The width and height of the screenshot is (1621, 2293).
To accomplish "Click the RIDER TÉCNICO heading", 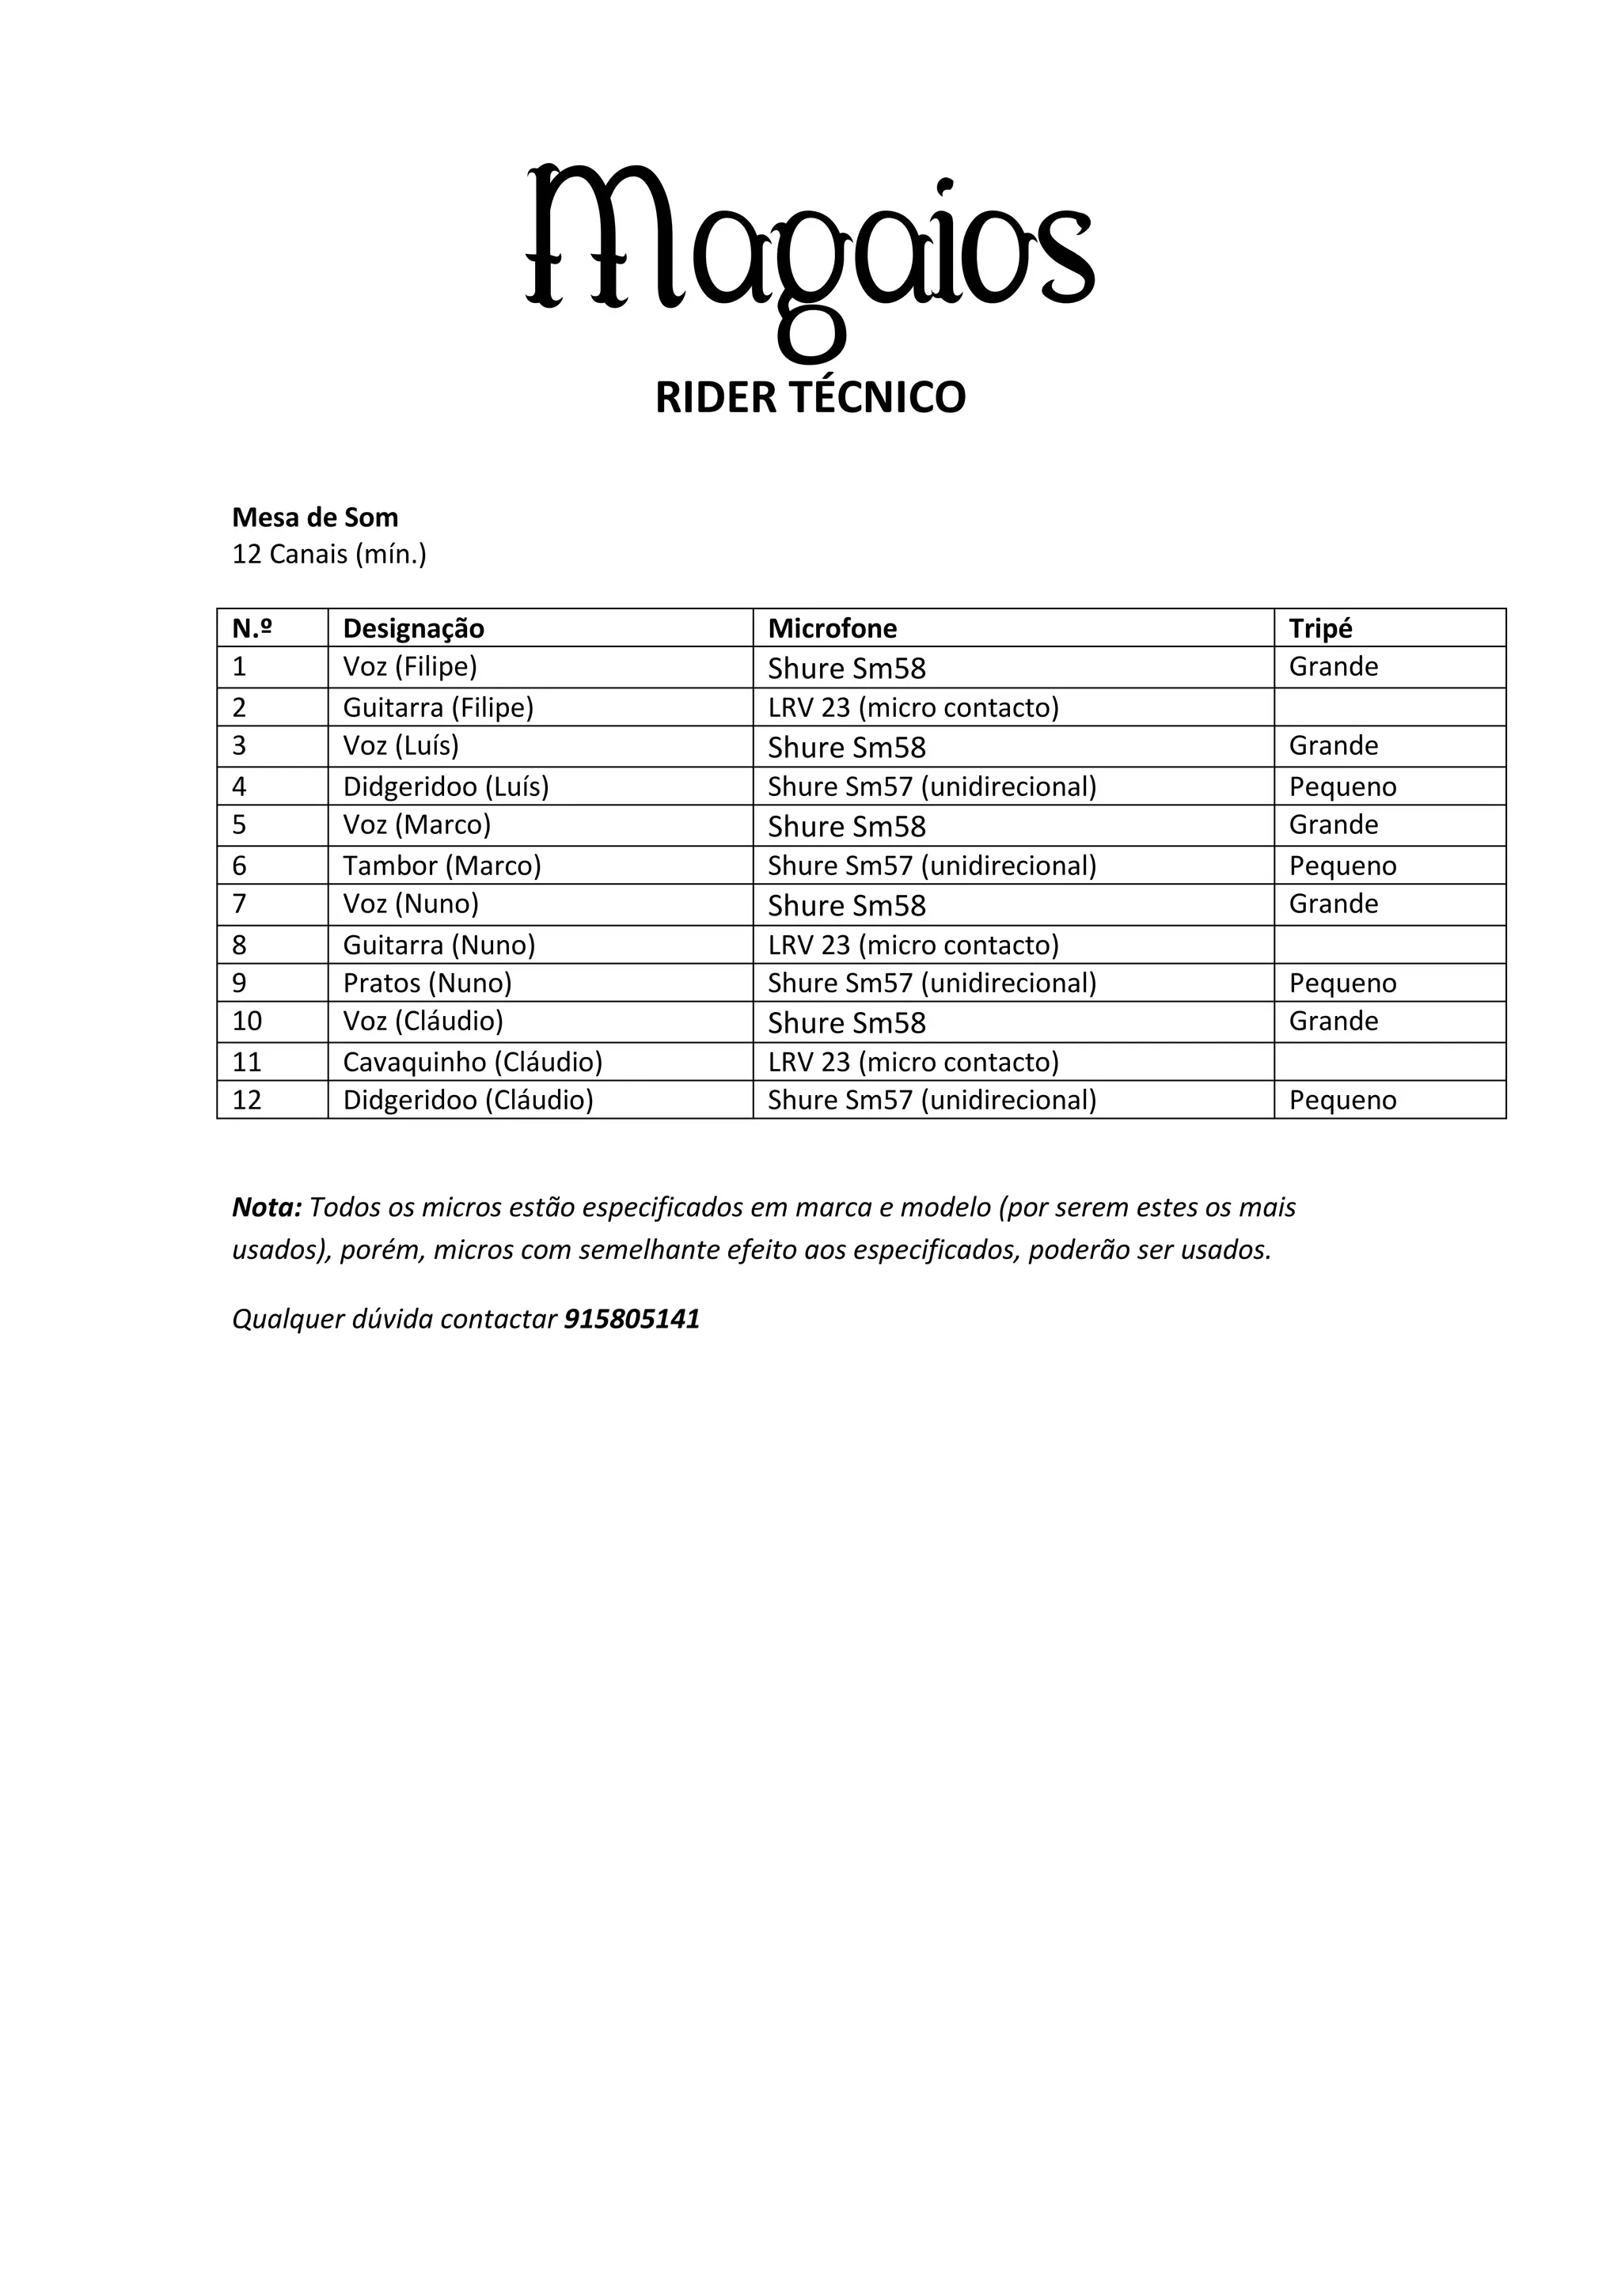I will click(x=810, y=397).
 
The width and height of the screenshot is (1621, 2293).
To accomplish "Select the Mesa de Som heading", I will click(x=314, y=517).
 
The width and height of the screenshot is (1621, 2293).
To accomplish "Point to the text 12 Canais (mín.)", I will click(x=328, y=555).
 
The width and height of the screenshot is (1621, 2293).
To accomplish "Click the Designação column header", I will click(x=413, y=628).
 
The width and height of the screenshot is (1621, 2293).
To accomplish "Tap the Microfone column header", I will click(x=832, y=628).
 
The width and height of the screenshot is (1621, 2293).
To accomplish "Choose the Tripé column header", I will click(x=1320, y=628).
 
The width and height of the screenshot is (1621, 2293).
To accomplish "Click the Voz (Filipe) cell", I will click(x=409, y=666).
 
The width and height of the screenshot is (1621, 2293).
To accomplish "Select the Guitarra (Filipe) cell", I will click(x=438, y=707).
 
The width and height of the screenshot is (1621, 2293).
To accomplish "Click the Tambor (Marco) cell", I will click(x=442, y=865).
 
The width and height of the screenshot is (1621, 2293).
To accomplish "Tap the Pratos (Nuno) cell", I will click(x=427, y=983).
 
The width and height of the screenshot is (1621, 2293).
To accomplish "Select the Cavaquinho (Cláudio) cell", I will click(x=473, y=1062).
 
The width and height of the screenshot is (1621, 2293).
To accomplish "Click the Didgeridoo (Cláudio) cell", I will click(x=468, y=1100).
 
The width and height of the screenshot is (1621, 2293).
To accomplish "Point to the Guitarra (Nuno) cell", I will click(x=438, y=945).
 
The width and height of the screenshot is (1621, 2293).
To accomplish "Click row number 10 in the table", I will click(x=247, y=1021).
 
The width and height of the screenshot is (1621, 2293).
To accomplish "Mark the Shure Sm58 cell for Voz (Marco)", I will click(x=846, y=827).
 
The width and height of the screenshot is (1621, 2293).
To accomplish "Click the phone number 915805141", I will click(x=631, y=1319).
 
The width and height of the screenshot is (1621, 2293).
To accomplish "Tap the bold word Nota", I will click(x=266, y=1207).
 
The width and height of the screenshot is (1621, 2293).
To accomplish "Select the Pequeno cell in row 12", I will click(x=1342, y=1101).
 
